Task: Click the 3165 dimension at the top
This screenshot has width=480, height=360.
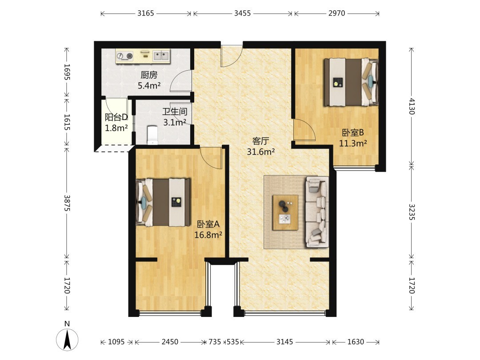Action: [x=146, y=13]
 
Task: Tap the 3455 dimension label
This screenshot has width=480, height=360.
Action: [x=243, y=13]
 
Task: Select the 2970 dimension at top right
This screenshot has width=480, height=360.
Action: [x=337, y=13]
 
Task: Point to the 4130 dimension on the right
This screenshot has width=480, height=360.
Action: [x=412, y=106]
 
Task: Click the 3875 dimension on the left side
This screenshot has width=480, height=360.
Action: [x=67, y=203]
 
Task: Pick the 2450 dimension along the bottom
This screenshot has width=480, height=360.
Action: [x=170, y=342]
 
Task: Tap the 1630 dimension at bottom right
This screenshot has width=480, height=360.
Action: [x=356, y=342]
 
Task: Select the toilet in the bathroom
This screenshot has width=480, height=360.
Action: [x=152, y=135]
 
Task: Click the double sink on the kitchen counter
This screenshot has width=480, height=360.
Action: [x=161, y=56]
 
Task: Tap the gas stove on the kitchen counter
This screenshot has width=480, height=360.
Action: [x=125, y=56]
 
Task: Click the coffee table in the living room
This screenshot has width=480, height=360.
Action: [x=285, y=212]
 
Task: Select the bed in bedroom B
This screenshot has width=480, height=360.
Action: [x=351, y=82]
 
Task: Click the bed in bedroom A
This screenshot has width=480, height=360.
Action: [x=163, y=202]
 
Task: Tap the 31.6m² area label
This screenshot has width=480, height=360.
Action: [x=261, y=152]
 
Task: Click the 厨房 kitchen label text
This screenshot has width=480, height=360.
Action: [x=149, y=75]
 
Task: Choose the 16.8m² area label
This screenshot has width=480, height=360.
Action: [x=208, y=235]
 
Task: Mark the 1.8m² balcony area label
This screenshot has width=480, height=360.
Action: [x=116, y=128]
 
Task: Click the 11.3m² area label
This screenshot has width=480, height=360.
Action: [x=353, y=143]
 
